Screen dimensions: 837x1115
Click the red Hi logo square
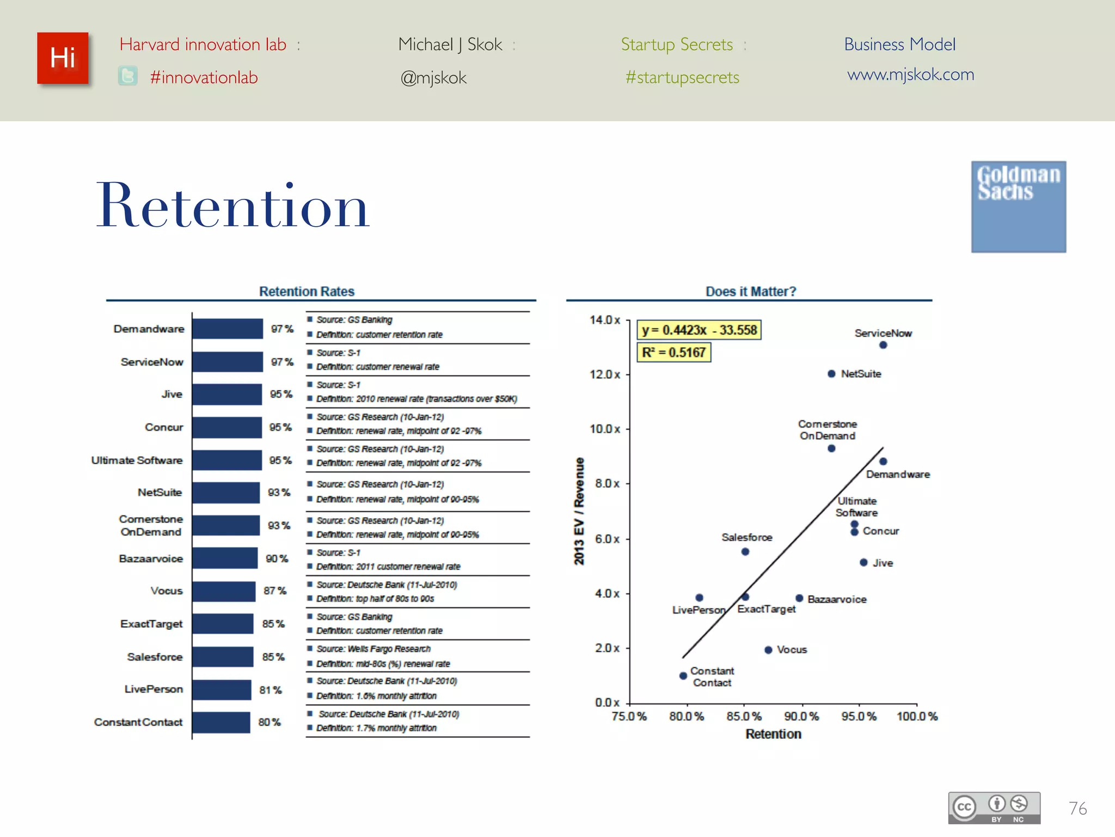tap(63, 58)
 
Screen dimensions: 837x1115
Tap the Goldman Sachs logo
tap(1018, 206)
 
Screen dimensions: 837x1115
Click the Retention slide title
tap(233, 206)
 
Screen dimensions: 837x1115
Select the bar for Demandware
tap(228, 329)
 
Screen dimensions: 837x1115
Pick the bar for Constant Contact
tap(221, 722)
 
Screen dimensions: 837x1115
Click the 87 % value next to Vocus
tap(275, 591)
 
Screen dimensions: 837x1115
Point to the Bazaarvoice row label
tap(151, 559)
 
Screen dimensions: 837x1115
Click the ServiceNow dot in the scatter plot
tap(883, 345)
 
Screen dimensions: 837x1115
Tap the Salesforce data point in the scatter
tap(745, 551)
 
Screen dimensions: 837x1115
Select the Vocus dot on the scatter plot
tap(768, 650)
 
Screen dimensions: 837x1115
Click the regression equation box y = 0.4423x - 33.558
tap(699, 330)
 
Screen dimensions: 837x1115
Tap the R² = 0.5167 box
tap(673, 353)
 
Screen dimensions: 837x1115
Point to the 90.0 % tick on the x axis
tap(801, 716)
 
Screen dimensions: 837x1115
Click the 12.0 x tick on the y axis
tap(605, 374)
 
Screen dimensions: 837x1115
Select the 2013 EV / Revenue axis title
tap(579, 511)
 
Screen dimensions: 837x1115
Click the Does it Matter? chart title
tap(751, 292)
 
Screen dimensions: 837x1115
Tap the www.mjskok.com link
tap(910, 74)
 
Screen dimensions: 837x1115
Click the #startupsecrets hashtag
tap(682, 77)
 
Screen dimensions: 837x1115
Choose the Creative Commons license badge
tap(994, 808)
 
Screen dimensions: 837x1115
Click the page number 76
tap(1077, 808)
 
